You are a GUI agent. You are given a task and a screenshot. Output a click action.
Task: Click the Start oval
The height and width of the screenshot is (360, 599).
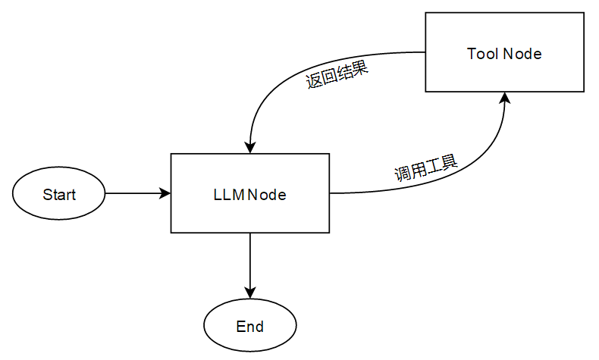click(59, 194)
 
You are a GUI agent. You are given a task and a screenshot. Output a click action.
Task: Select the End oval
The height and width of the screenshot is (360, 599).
click(249, 327)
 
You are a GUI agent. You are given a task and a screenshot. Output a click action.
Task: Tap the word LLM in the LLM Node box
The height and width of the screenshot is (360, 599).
click(229, 194)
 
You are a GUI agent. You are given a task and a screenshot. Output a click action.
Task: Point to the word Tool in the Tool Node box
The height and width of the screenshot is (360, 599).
click(483, 53)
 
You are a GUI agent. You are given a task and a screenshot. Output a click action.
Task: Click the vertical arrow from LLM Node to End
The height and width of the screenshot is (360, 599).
click(249, 261)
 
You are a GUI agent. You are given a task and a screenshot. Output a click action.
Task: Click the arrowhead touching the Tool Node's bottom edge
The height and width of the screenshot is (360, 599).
click(505, 99)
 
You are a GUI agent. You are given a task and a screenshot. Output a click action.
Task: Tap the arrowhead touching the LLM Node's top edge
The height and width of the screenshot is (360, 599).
click(249, 147)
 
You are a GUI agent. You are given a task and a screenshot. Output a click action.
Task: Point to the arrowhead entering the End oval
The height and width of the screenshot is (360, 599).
click(249, 293)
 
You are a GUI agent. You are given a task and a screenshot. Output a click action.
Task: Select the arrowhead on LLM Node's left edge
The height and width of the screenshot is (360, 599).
click(165, 193)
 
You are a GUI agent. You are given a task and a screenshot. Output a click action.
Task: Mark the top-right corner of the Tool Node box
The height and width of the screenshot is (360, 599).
click(585, 14)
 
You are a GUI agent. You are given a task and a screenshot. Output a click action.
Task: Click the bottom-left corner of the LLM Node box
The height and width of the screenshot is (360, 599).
click(171, 233)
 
